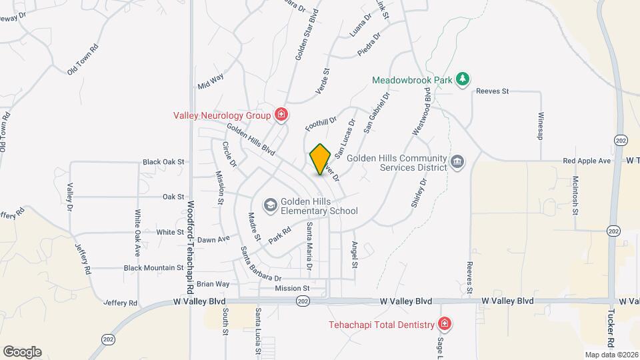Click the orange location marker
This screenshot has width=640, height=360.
(x=321, y=159)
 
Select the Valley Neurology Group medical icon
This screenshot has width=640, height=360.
(x=281, y=115)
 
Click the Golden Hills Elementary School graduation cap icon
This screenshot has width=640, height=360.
(x=270, y=204)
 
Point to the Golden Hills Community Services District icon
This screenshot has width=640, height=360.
(x=457, y=161)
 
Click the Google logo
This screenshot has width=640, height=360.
(x=22, y=351)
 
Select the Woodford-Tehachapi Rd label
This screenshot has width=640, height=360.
(x=190, y=247)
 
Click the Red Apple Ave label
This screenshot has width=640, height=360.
(x=587, y=161)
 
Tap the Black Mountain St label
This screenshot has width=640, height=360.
(x=153, y=268)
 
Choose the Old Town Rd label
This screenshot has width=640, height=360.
(x=83, y=59)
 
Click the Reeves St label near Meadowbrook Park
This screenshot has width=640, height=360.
(x=492, y=91)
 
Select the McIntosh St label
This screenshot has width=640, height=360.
(x=575, y=195)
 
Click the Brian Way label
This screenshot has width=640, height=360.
(x=213, y=284)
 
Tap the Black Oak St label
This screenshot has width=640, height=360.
(x=163, y=162)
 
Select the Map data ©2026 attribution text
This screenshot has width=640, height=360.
(x=611, y=355)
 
